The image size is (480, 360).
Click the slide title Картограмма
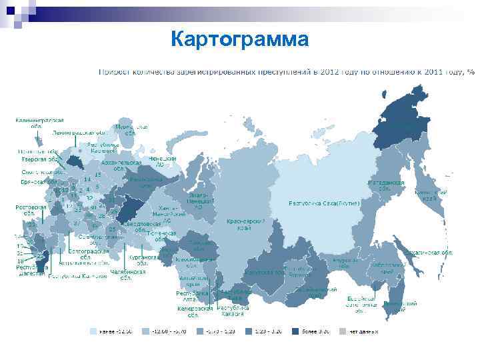point(239,39)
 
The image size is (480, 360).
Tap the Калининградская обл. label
point(40,123)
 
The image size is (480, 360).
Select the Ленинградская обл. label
point(80,132)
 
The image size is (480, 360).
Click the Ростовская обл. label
point(31,210)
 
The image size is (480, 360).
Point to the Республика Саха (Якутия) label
point(325,203)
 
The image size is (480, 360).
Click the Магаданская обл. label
point(386,185)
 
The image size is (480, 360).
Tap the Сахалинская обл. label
point(430,253)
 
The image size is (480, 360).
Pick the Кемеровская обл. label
point(195,311)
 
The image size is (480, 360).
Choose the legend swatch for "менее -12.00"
point(94,331)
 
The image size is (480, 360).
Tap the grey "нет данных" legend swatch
point(343,331)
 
